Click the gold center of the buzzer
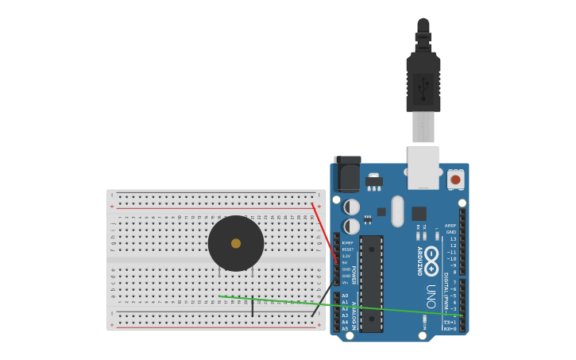point(236,243)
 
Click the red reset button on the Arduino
point(455,180)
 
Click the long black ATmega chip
point(371,283)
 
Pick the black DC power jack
point(347,174)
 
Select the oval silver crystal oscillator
point(398,211)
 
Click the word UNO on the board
point(431,296)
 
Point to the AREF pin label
point(450,226)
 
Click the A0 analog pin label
point(345,296)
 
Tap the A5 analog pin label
point(345,328)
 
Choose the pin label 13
point(453,239)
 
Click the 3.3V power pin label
point(346,256)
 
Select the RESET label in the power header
point(347,250)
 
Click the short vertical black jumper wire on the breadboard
point(253,307)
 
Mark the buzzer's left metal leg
point(219,273)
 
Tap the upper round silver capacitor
point(351,207)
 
